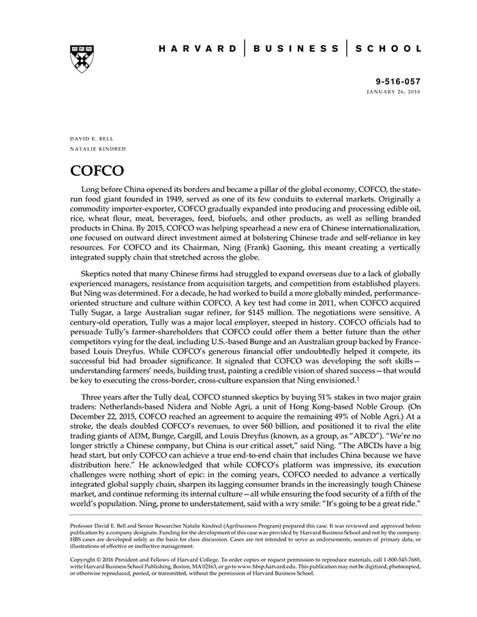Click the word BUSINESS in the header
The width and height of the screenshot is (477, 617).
coord(296,49)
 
